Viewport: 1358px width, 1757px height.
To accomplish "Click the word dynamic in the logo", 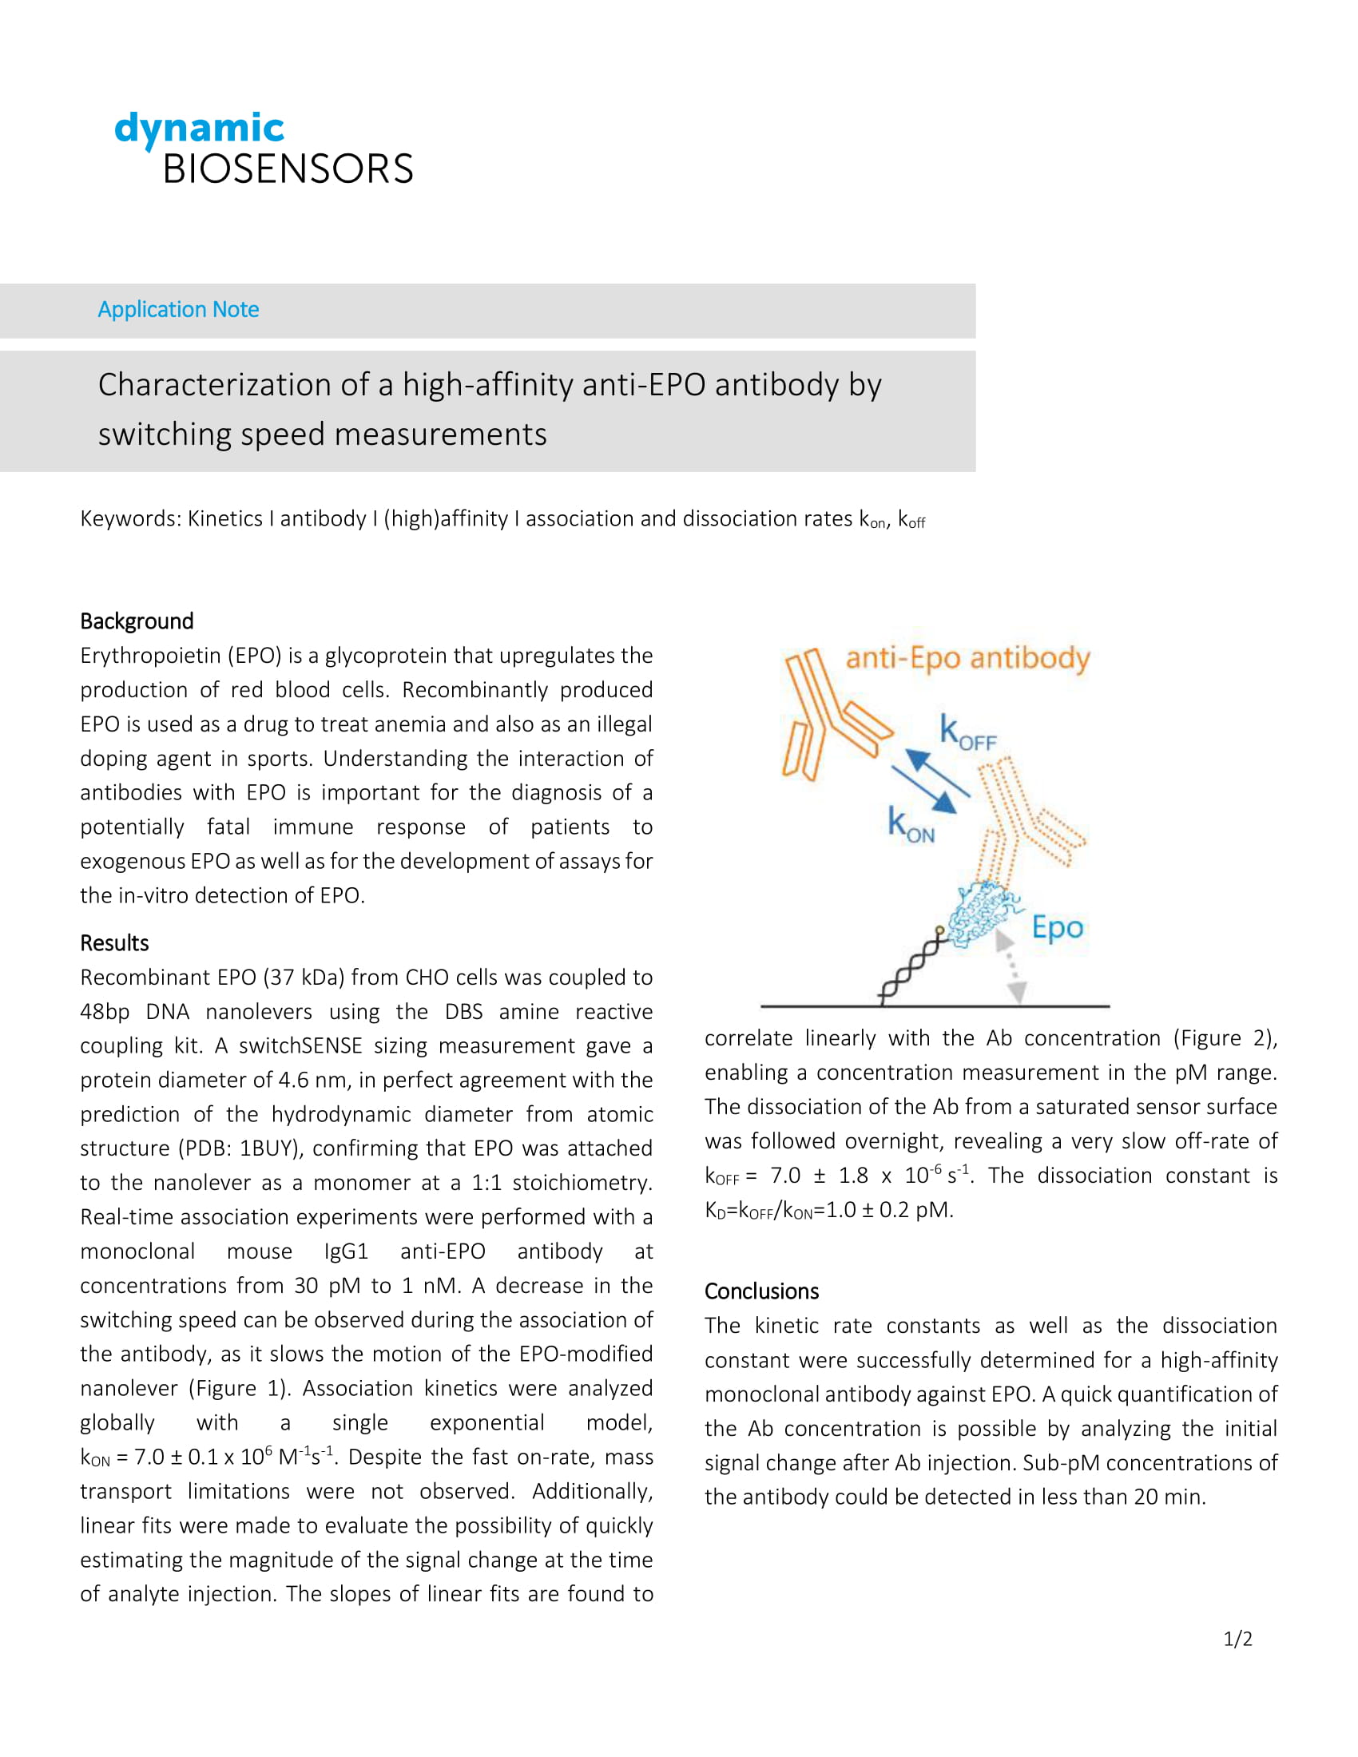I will tap(199, 129).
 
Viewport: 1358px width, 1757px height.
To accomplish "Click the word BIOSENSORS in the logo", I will tap(288, 169).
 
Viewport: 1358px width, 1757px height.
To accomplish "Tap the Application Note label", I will tap(178, 310).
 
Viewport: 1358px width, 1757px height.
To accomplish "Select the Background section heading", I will tap(137, 621).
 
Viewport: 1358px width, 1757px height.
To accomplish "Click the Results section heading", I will tap(114, 943).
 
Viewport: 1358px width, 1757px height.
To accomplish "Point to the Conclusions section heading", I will tap(761, 1291).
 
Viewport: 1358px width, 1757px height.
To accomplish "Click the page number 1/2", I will tap(1237, 1639).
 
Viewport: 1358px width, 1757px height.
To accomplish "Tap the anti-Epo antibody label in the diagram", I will tap(967, 658).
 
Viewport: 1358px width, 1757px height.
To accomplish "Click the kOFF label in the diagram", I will tap(968, 734).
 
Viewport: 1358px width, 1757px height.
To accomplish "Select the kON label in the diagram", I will tap(910, 825).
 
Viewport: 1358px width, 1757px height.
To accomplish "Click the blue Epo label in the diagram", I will tap(1057, 927).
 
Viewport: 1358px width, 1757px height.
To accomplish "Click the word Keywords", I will tap(129, 519).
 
